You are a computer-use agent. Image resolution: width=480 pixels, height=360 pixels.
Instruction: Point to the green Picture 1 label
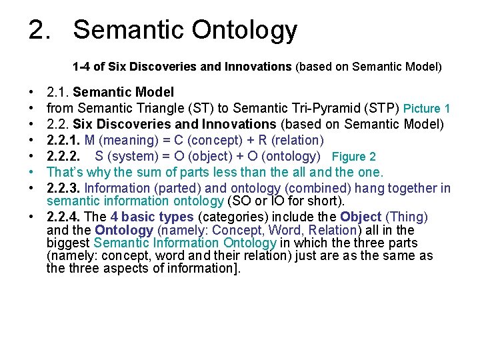(x=427, y=108)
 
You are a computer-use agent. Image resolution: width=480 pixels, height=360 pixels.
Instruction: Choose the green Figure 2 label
(x=353, y=157)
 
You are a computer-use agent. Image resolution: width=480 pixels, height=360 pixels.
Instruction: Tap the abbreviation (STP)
(x=382, y=108)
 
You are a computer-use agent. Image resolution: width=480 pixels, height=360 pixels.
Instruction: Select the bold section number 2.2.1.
(x=63, y=140)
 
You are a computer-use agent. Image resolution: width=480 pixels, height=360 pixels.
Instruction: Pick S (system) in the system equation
(x=127, y=157)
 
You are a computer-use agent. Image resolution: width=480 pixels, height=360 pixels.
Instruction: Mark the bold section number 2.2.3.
(x=63, y=189)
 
